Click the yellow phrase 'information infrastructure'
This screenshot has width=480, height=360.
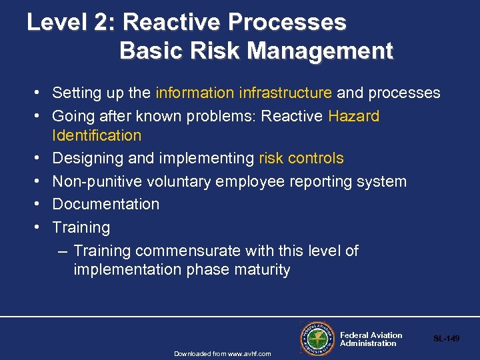(x=243, y=93)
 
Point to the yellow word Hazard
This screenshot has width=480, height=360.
(x=353, y=116)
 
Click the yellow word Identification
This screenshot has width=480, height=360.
(x=97, y=135)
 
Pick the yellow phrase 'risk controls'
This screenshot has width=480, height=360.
(x=301, y=158)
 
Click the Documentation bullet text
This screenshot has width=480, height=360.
(x=105, y=204)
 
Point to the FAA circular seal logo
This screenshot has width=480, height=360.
(x=317, y=339)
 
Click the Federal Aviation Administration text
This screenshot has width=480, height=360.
(x=371, y=339)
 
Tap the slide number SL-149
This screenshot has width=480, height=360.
(x=446, y=339)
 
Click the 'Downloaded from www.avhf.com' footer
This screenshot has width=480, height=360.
(x=223, y=353)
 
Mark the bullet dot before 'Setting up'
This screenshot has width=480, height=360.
(x=41, y=93)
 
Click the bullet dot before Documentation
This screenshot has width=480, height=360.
(x=41, y=204)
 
